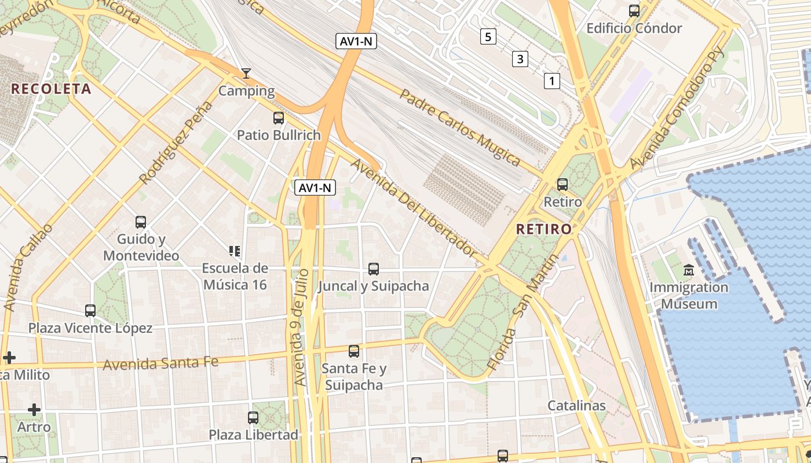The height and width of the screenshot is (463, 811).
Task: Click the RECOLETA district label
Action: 52,89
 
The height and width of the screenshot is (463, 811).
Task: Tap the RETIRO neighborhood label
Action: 544,229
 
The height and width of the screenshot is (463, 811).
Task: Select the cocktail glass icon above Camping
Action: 246,74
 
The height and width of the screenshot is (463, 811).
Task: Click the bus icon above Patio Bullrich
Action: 279,118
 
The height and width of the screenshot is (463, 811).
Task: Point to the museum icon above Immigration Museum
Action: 688,270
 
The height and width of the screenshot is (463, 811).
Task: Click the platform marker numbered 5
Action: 488,37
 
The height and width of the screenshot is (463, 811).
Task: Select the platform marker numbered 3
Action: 520,58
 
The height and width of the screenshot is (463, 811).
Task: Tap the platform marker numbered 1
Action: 551,80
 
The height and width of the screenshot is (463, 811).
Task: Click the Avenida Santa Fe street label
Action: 161,363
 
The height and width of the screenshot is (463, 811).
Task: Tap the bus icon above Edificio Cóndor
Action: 634,11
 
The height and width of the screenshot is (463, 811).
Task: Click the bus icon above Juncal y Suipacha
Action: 374,269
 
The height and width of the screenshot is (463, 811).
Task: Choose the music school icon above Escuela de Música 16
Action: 235,251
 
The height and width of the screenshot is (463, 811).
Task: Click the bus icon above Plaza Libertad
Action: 253,417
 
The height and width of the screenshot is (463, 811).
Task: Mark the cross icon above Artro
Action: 34,410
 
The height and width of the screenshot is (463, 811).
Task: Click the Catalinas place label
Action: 576,406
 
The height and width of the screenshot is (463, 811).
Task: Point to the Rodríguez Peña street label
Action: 176,142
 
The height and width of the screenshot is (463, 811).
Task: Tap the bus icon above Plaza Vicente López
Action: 90,311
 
